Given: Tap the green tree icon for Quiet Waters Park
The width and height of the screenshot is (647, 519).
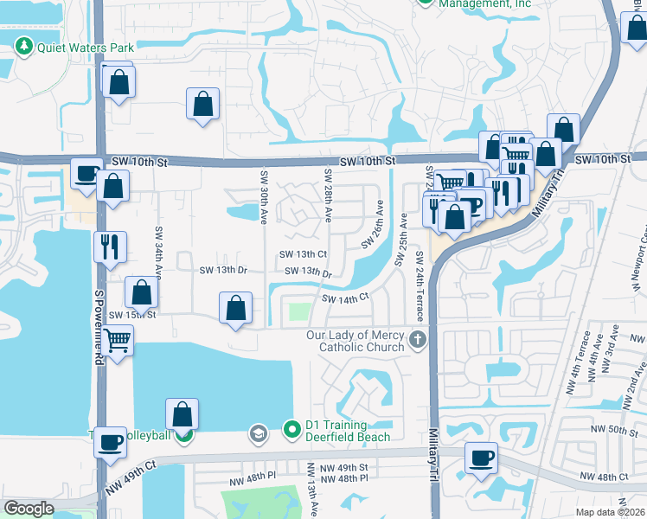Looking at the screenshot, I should [x=24, y=48].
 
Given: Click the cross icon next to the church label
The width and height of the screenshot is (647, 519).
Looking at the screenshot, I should [x=419, y=338].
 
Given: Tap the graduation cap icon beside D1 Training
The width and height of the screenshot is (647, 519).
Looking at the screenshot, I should [x=257, y=432].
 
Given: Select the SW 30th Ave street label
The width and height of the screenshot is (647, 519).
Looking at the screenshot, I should [x=263, y=195].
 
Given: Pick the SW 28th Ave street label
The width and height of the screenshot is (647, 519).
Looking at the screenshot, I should [x=328, y=195].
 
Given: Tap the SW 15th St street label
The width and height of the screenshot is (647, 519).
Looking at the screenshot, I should [x=132, y=315].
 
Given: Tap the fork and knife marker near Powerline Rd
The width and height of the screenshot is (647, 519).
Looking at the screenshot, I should [x=111, y=246].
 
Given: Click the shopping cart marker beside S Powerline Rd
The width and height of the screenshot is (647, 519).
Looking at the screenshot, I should [x=117, y=340].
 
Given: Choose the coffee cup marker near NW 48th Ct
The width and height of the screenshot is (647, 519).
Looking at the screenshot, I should [x=481, y=457].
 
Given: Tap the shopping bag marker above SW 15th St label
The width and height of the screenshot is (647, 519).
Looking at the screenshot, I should [x=141, y=292].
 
